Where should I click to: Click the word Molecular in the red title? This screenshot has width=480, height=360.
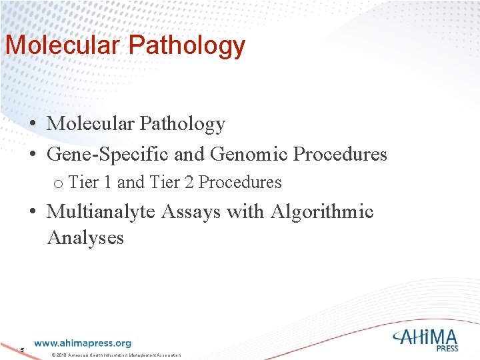point(63,45)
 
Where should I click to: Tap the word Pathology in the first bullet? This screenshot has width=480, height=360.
point(182,124)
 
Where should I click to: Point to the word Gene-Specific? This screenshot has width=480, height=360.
point(108,155)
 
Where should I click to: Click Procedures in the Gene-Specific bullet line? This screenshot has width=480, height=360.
point(340,155)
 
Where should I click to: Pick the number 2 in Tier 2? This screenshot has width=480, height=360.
point(189,182)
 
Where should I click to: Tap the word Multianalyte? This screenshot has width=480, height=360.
point(103,212)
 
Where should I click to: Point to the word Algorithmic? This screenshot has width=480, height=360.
point(321,212)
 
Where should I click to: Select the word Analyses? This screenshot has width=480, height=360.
point(85,237)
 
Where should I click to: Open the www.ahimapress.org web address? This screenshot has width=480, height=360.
point(82,343)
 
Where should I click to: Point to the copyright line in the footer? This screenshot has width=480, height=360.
point(116,354)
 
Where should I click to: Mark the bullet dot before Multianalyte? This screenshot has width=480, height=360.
point(32,213)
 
